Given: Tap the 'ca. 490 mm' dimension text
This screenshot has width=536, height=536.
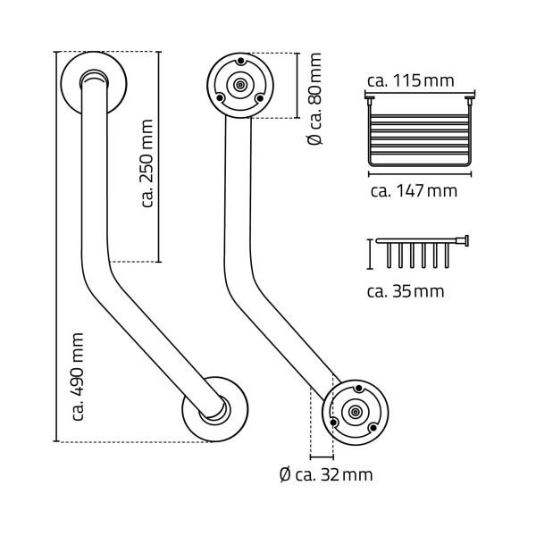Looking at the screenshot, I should pos(78,376).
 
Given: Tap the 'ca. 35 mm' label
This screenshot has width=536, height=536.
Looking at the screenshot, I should pos(406,291).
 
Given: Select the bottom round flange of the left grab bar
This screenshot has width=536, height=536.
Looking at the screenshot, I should pos(215,409).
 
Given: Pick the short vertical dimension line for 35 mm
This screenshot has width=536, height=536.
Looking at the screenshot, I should pos(368,254).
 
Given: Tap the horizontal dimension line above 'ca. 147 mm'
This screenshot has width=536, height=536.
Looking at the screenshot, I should pos(418,174).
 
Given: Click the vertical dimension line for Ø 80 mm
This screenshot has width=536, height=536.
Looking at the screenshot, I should pos(296,85).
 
